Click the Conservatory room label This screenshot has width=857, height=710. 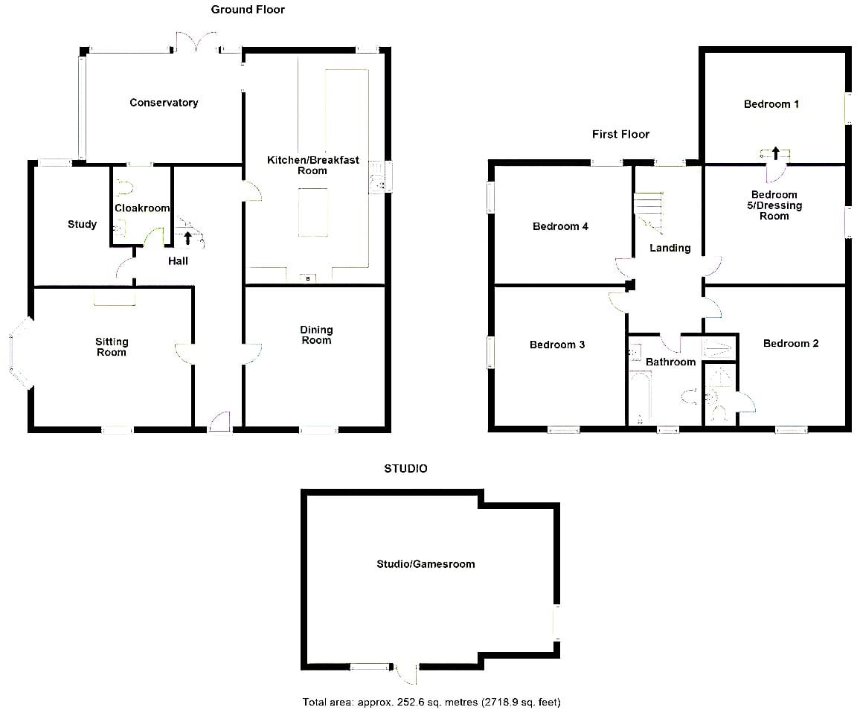coord(164,102)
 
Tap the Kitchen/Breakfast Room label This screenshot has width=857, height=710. coord(312,165)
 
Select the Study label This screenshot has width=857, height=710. coord(82,224)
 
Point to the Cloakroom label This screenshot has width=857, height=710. coord(142,208)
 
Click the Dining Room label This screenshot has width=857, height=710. coord(316,335)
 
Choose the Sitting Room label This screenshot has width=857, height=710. coord(112,347)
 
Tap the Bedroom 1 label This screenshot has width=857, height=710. coord(771,104)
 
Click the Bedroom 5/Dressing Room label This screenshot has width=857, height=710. coord(774,205)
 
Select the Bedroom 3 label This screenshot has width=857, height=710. coord(557,345)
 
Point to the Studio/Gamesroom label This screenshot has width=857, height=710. coord(426,564)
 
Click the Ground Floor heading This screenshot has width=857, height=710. coord(248,9)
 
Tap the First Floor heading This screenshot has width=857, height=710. coord(620,134)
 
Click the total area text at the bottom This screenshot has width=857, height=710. coord(431,702)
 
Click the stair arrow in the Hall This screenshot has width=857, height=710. coord(188,237)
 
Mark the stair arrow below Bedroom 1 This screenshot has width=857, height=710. coord(775,153)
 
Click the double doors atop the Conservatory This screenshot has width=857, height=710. coord(196,42)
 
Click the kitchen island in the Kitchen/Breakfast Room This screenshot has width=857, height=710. coord(313,212)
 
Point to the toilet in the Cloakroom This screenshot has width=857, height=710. coord(125,188)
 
